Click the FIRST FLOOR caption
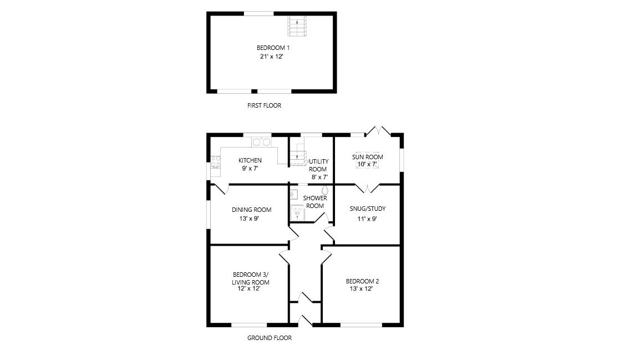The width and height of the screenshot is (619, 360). click(264, 105)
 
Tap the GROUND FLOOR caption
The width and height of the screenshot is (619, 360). click(269, 338)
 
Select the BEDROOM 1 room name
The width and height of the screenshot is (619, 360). click(273, 48)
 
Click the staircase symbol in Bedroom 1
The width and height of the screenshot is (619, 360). click(297, 26)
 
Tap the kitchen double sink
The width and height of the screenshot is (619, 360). click(261, 142)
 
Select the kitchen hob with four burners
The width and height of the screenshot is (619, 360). click(215, 162)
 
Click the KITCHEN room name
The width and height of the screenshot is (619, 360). click(250, 160)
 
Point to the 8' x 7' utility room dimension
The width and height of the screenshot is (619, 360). click(319, 177)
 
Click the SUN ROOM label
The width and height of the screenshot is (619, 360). click(368, 157)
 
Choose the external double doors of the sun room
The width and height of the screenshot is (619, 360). click(378, 131)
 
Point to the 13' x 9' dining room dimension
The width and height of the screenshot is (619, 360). click(249, 219)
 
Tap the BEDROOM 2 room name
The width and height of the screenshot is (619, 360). click(362, 281)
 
